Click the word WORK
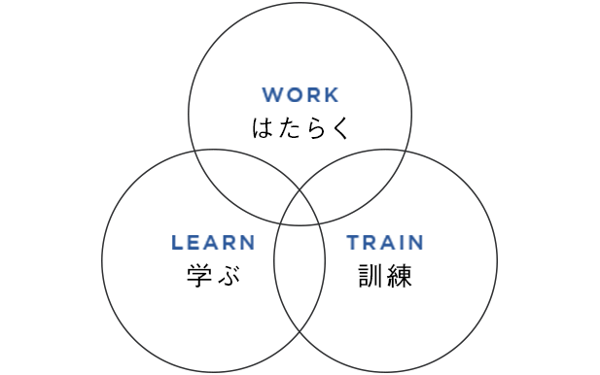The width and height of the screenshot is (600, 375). pos(300,95)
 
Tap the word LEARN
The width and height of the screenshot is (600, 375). pos(213,243)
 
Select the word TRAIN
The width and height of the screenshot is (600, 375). pos(385,243)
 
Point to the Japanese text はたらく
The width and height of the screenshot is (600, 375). pos(300,128)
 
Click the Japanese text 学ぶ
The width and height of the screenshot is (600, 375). pos(213,276)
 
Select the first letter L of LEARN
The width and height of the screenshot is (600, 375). pos(176,243)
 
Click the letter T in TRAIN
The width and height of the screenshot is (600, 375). pos(353,243)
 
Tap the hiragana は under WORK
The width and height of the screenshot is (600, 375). pos(264,128)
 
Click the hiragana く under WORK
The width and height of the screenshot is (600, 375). pos(336,128)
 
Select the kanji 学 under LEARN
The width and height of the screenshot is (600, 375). pos(198,276)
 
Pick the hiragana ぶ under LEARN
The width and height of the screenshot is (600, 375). pos(228,276)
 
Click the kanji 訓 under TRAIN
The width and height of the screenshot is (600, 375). pos(370,276)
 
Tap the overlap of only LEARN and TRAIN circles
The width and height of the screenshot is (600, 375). pos(300,282)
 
